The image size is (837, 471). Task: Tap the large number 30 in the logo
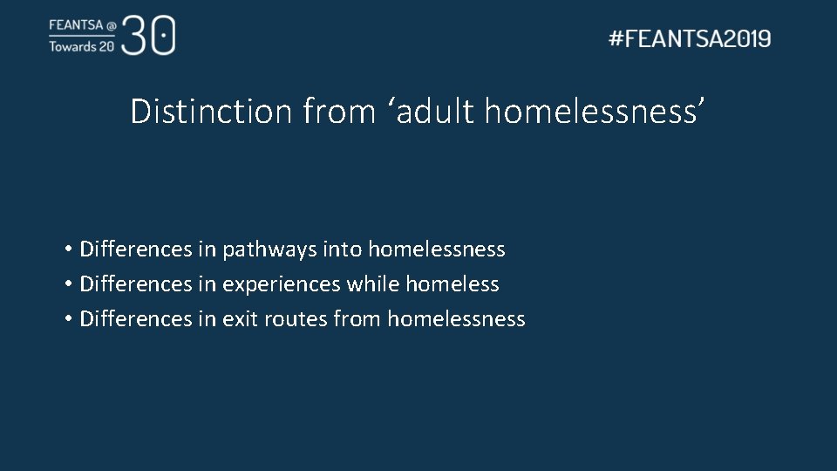(149, 35)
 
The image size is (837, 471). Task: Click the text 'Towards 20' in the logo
(81, 46)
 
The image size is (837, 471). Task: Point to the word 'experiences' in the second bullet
(282, 284)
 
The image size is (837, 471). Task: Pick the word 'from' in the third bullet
(357, 319)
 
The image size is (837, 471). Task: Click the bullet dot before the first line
(67, 250)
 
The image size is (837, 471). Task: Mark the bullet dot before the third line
(67, 320)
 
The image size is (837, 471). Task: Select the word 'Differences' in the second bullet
(135, 284)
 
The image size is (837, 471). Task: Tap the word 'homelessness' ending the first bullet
(437, 249)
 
